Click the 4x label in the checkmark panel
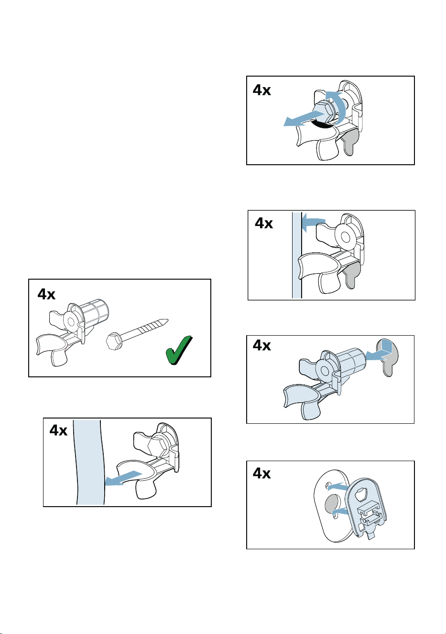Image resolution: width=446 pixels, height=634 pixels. point(46,294)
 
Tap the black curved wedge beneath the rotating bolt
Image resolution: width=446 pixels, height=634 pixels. point(322,125)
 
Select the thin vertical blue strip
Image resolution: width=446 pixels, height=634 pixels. point(296,255)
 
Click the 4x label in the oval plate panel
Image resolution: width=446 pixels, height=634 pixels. point(262,473)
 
